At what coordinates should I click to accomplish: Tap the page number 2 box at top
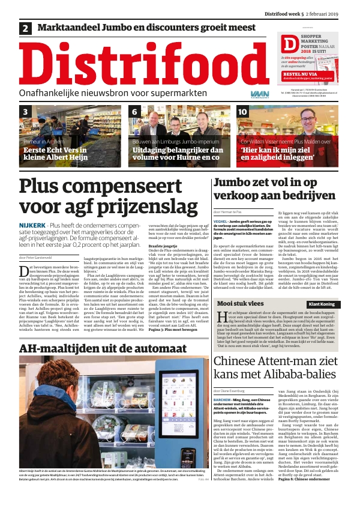coord(26,28)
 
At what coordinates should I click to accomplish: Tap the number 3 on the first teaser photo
coord(26,112)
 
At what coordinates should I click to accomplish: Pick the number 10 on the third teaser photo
coord(242,112)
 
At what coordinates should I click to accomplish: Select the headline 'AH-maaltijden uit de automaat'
coord(89,349)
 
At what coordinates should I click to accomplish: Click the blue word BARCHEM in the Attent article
coord(223,399)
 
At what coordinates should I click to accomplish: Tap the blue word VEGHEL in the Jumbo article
coord(220,222)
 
